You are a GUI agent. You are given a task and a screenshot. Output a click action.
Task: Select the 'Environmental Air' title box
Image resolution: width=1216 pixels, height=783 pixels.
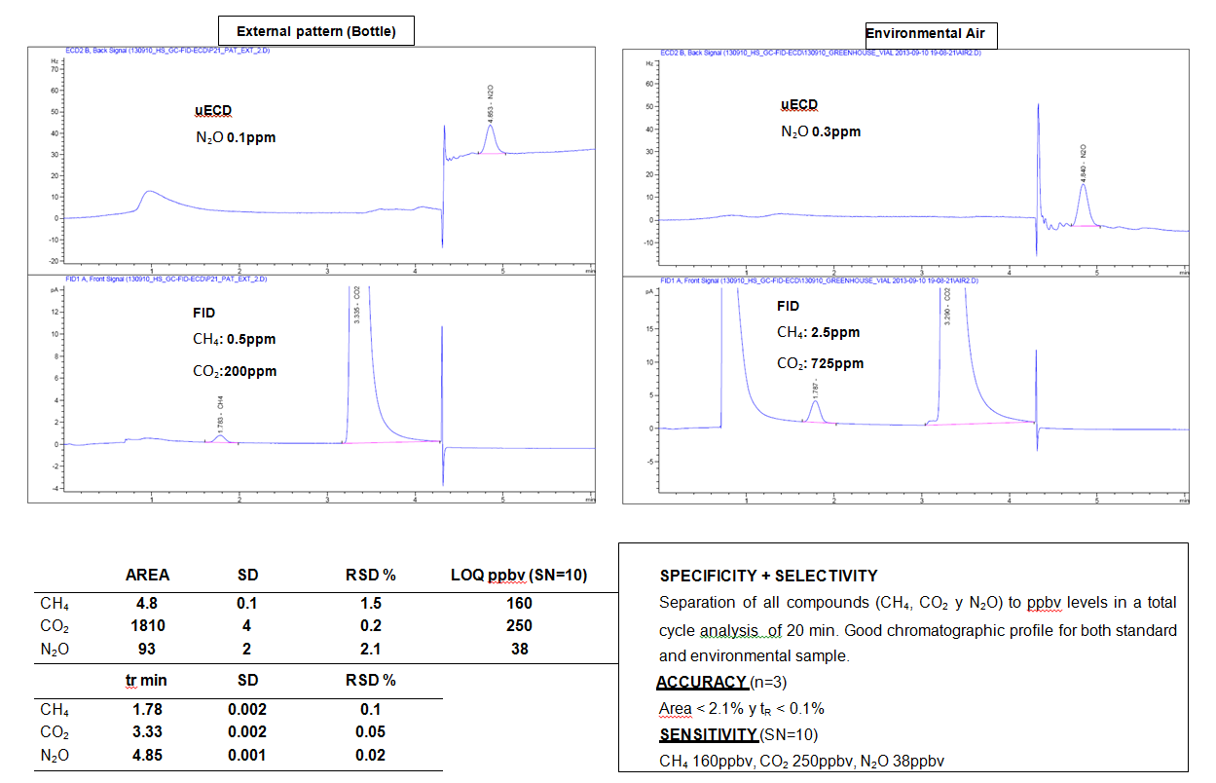click(931, 35)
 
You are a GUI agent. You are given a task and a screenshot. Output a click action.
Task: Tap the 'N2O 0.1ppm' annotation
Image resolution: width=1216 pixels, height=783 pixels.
click(236, 137)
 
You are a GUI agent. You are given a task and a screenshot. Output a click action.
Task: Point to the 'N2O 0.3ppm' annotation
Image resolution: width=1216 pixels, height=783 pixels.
click(821, 131)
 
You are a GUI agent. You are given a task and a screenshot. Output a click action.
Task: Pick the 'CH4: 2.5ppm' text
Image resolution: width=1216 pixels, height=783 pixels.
click(818, 332)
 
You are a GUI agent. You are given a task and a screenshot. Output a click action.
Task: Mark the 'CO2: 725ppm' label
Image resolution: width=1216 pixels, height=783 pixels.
click(820, 364)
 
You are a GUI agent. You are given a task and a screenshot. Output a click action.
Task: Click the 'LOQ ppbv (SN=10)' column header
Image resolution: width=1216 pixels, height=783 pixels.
click(520, 575)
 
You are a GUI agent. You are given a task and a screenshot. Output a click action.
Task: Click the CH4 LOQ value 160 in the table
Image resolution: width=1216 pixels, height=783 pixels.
click(520, 603)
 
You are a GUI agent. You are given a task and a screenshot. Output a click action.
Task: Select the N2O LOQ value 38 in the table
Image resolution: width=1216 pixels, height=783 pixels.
click(520, 648)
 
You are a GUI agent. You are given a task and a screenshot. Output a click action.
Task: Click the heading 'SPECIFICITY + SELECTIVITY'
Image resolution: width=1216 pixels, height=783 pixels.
click(768, 576)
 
